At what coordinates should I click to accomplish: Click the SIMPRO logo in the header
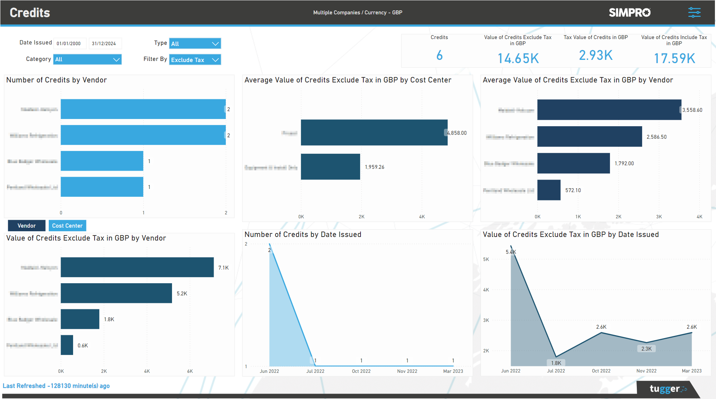tap(630, 13)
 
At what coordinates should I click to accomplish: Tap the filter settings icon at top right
tap(694, 13)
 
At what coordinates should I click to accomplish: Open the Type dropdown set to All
tap(195, 43)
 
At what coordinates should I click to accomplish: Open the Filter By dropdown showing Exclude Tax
tap(195, 60)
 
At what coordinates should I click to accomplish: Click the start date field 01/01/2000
tap(70, 43)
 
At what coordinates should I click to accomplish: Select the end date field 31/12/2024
tap(105, 43)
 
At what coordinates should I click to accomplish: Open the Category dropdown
tap(87, 60)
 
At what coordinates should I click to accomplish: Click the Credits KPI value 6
tap(439, 56)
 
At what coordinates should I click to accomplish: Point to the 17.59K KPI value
tap(674, 58)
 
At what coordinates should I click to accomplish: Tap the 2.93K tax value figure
tap(596, 56)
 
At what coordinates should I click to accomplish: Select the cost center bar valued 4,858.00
tap(374, 132)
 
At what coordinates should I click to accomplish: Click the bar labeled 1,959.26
tap(330, 167)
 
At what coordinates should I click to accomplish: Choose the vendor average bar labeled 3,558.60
tap(609, 110)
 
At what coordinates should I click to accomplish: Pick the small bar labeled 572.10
tap(549, 190)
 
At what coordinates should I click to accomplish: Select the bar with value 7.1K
tap(137, 267)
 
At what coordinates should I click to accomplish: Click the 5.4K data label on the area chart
tap(511, 252)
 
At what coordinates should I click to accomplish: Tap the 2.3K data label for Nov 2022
tap(646, 349)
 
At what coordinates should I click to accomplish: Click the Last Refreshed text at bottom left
tap(56, 386)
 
